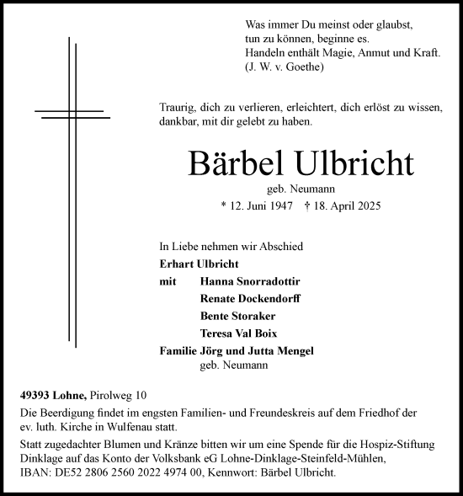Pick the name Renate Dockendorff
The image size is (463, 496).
coord(250,299)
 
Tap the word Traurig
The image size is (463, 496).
coord(178,108)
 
